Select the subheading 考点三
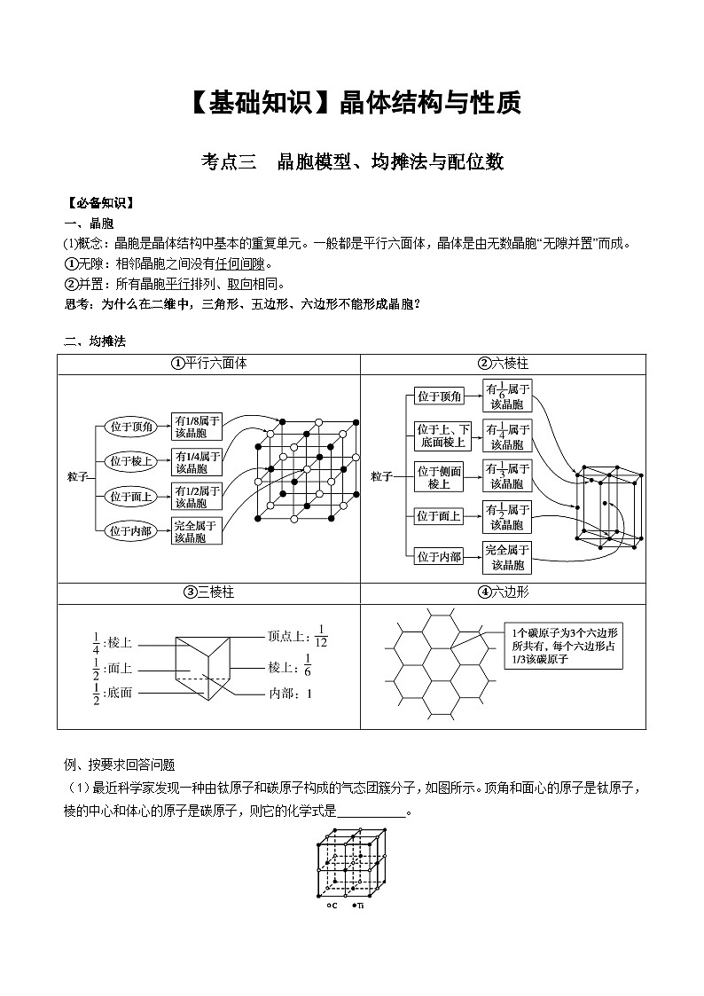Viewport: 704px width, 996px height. [229, 161]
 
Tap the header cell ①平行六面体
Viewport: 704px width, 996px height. [209, 364]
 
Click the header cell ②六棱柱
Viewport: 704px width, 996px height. [503, 364]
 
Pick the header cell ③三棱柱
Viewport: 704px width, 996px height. [209, 592]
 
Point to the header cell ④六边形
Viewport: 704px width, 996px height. [503, 592]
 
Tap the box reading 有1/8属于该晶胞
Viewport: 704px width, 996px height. [197, 427]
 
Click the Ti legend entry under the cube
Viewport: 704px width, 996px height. [359, 906]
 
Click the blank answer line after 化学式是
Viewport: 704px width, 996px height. [372, 811]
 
